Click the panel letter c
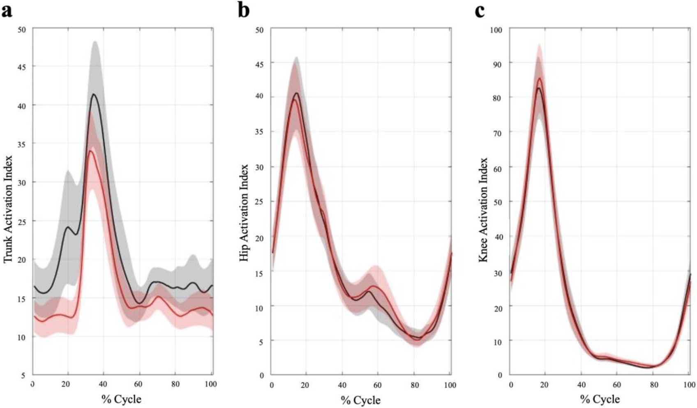480,12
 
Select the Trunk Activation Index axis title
9,209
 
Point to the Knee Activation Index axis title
483,210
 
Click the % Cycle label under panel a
121,399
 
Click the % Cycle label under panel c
600,399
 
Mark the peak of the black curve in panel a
93,94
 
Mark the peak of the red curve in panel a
90,151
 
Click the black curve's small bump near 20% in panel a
67,227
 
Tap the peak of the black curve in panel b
297,93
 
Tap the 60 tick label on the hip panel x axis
377,385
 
